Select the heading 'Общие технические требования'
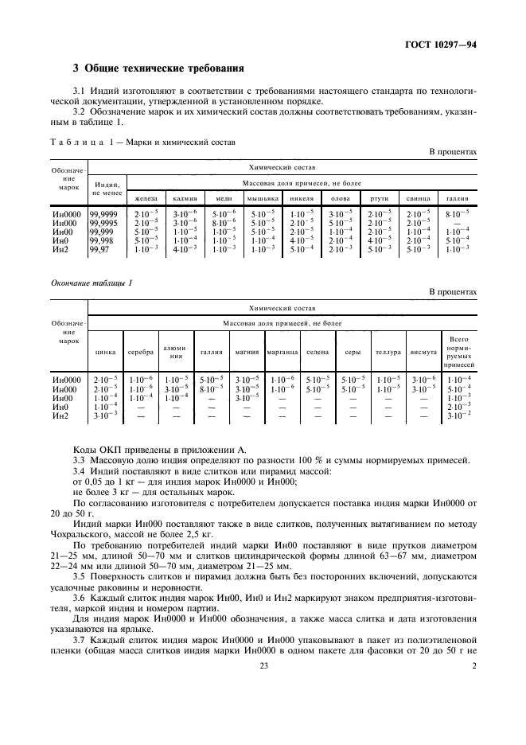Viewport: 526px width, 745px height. [x=159, y=68]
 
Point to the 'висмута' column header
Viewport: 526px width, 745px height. [x=423, y=351]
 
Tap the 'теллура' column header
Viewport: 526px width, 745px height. [x=388, y=351]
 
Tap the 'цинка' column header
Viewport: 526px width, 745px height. [x=105, y=351]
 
